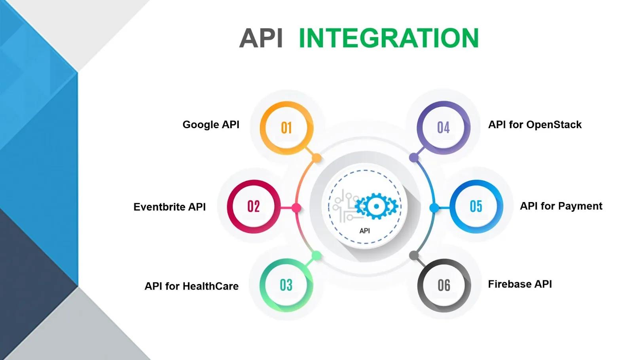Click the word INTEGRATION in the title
389,38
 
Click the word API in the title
261,38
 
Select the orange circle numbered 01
286,128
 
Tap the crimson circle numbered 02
254,206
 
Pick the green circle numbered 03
286,285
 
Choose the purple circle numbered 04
443,127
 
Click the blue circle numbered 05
476,206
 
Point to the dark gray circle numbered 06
444,285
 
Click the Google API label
211,125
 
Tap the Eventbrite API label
169,207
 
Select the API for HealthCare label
191,286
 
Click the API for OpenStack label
534,125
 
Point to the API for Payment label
561,206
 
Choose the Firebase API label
520,284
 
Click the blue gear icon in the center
376,206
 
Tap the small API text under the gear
365,231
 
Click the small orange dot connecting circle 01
316,158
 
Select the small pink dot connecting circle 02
296,207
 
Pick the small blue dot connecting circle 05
434,208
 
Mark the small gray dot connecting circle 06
414,256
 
